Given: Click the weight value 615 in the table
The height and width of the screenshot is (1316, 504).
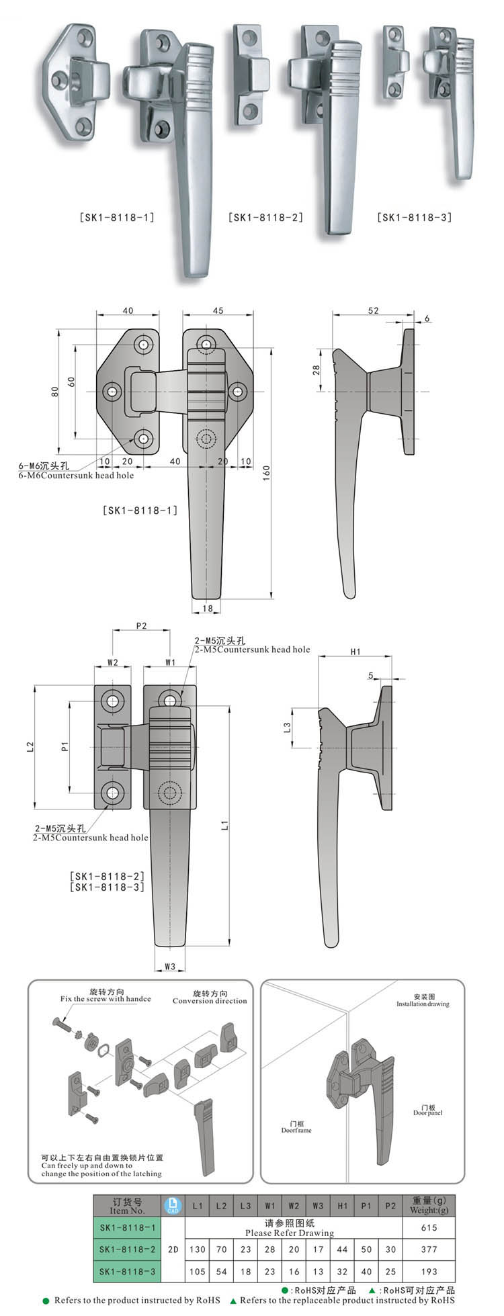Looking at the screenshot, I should click(x=429, y=1227).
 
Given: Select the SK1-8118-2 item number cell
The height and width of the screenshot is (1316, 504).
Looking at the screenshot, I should click(x=128, y=1249).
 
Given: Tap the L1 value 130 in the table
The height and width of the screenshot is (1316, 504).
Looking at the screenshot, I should click(x=197, y=1249).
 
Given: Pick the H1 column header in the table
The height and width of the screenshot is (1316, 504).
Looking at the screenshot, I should click(x=342, y=1206).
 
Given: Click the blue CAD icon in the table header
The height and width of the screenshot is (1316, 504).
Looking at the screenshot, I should click(x=173, y=1206).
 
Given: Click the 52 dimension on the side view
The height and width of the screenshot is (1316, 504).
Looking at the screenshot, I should click(x=374, y=310).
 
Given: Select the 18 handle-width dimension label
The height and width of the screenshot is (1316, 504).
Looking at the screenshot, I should click(x=207, y=609).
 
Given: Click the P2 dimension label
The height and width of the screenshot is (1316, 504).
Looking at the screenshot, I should click(x=141, y=625).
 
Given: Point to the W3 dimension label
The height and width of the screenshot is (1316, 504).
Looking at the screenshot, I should click(x=169, y=967).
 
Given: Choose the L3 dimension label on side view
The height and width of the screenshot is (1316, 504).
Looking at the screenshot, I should click(x=287, y=727).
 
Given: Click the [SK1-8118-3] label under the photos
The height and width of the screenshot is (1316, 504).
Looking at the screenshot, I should click(x=415, y=218).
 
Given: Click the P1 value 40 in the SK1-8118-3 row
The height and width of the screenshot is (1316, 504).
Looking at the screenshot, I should click(x=366, y=1271).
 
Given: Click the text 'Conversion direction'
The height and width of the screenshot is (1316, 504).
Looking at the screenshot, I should click(x=210, y=1001).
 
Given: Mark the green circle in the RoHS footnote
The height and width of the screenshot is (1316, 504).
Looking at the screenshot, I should click(x=46, y=1301).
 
